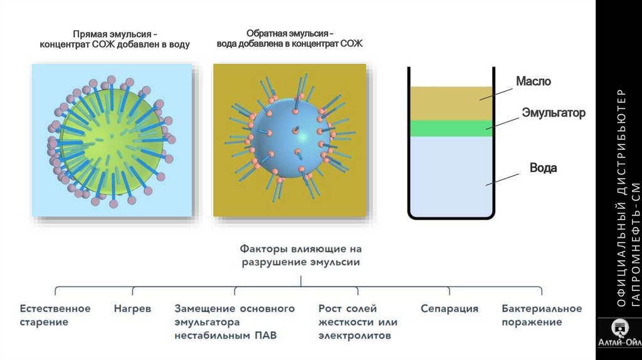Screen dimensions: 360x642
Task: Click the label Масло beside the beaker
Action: [533, 82]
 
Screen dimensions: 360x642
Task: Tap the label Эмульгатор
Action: [554, 113]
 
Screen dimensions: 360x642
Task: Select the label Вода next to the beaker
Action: [543, 168]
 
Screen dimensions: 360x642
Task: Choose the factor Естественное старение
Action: [55, 315]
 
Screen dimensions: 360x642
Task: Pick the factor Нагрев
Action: [132, 309]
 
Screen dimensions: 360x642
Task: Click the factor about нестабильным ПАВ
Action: [234, 322]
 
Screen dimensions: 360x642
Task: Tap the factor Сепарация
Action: [450, 309]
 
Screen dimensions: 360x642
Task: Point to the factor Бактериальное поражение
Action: [542, 315]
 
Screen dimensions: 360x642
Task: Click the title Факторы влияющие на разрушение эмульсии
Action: [301, 256]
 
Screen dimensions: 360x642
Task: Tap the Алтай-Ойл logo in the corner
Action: [619, 339]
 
